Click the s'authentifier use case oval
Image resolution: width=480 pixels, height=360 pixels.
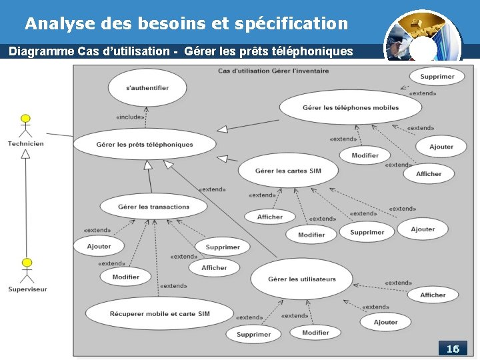[147, 88]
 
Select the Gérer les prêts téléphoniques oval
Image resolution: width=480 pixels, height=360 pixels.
[145, 144]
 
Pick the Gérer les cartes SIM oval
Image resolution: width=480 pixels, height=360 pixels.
[288, 171]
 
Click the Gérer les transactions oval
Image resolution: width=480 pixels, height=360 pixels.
[154, 207]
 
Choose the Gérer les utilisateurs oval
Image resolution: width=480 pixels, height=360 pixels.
[302, 279]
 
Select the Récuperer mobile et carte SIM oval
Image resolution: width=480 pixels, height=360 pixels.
[160, 313]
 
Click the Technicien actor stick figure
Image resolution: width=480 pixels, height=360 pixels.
[25, 127]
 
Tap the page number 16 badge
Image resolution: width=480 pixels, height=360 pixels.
[453, 349]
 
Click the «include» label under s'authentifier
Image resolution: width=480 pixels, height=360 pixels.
[130, 117]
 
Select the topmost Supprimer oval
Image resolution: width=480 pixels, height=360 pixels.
[437, 77]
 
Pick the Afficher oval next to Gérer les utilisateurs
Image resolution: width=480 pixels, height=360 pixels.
[433, 295]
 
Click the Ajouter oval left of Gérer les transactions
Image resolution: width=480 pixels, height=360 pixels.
[99, 246]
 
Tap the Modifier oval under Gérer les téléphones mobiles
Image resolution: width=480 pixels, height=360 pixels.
[365, 155]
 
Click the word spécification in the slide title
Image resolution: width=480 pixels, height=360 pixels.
[291, 24]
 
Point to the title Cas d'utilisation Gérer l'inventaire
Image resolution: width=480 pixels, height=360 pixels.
[273, 71]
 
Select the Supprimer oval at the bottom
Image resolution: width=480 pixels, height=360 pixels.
[254, 334]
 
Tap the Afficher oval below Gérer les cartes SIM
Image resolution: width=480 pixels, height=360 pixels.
[270, 217]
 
